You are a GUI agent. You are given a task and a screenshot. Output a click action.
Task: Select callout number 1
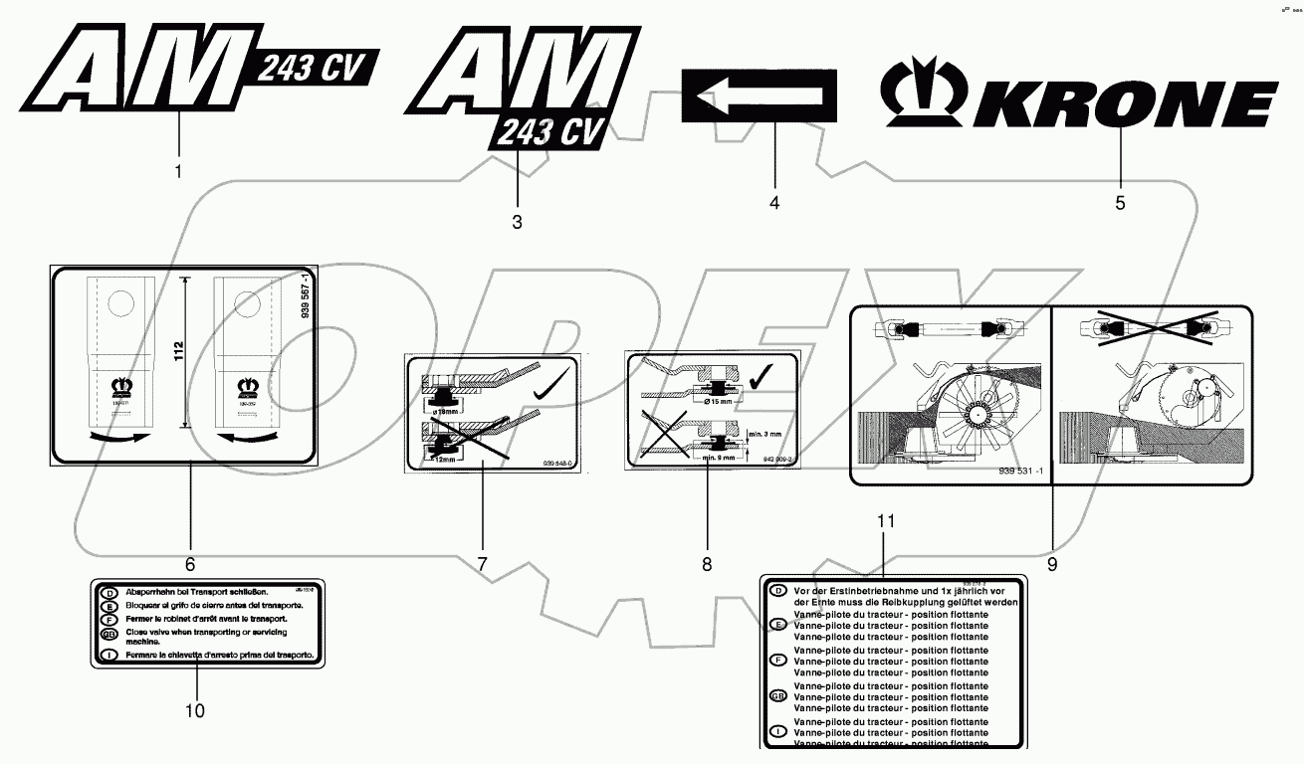(178, 171)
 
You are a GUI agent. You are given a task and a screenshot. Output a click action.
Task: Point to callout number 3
(517, 222)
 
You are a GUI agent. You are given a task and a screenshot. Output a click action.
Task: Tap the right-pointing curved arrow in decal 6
(116, 436)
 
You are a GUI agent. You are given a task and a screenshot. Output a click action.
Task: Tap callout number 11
(885, 521)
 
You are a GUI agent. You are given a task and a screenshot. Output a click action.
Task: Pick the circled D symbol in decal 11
(779, 591)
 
